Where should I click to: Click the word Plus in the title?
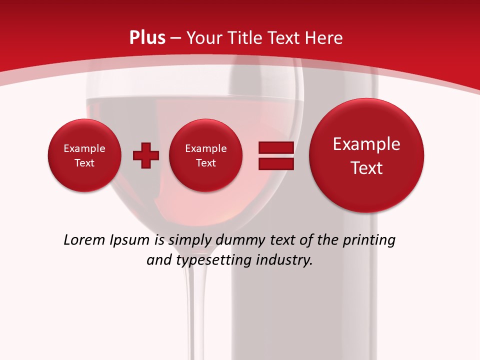coord(147,38)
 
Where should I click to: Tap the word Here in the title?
coord(324,38)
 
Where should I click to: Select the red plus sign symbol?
coord(146,155)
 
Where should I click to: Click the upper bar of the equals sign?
coord(275,148)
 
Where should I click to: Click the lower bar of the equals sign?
coord(275,164)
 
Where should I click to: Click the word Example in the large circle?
coord(366,144)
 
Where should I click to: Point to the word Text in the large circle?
coord(366,168)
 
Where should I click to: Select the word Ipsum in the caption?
coord(130,240)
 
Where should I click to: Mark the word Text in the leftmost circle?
coord(84,163)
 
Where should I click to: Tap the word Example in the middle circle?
coord(205,148)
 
